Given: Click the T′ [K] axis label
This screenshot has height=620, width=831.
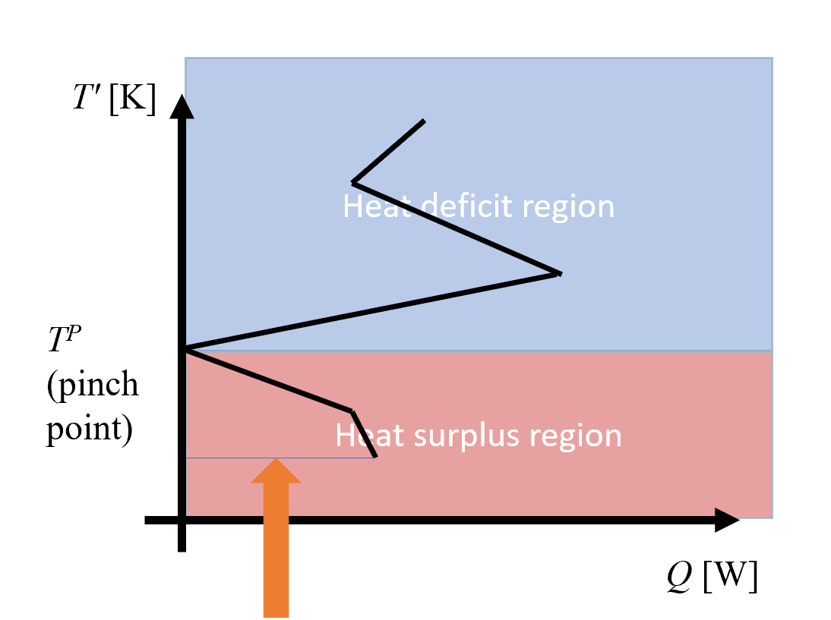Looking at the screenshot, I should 114,99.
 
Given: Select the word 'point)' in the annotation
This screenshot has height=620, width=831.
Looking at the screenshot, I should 90,430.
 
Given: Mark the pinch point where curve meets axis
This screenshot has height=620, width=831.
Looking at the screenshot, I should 185,349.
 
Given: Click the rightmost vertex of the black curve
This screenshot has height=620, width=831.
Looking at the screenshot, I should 560,273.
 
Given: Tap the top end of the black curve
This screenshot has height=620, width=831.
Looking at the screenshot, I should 424,121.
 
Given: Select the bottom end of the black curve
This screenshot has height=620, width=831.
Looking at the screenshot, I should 375,457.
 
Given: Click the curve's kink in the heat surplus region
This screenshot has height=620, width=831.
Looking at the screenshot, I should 352,411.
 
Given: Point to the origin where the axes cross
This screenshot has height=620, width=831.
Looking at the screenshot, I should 181,521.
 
